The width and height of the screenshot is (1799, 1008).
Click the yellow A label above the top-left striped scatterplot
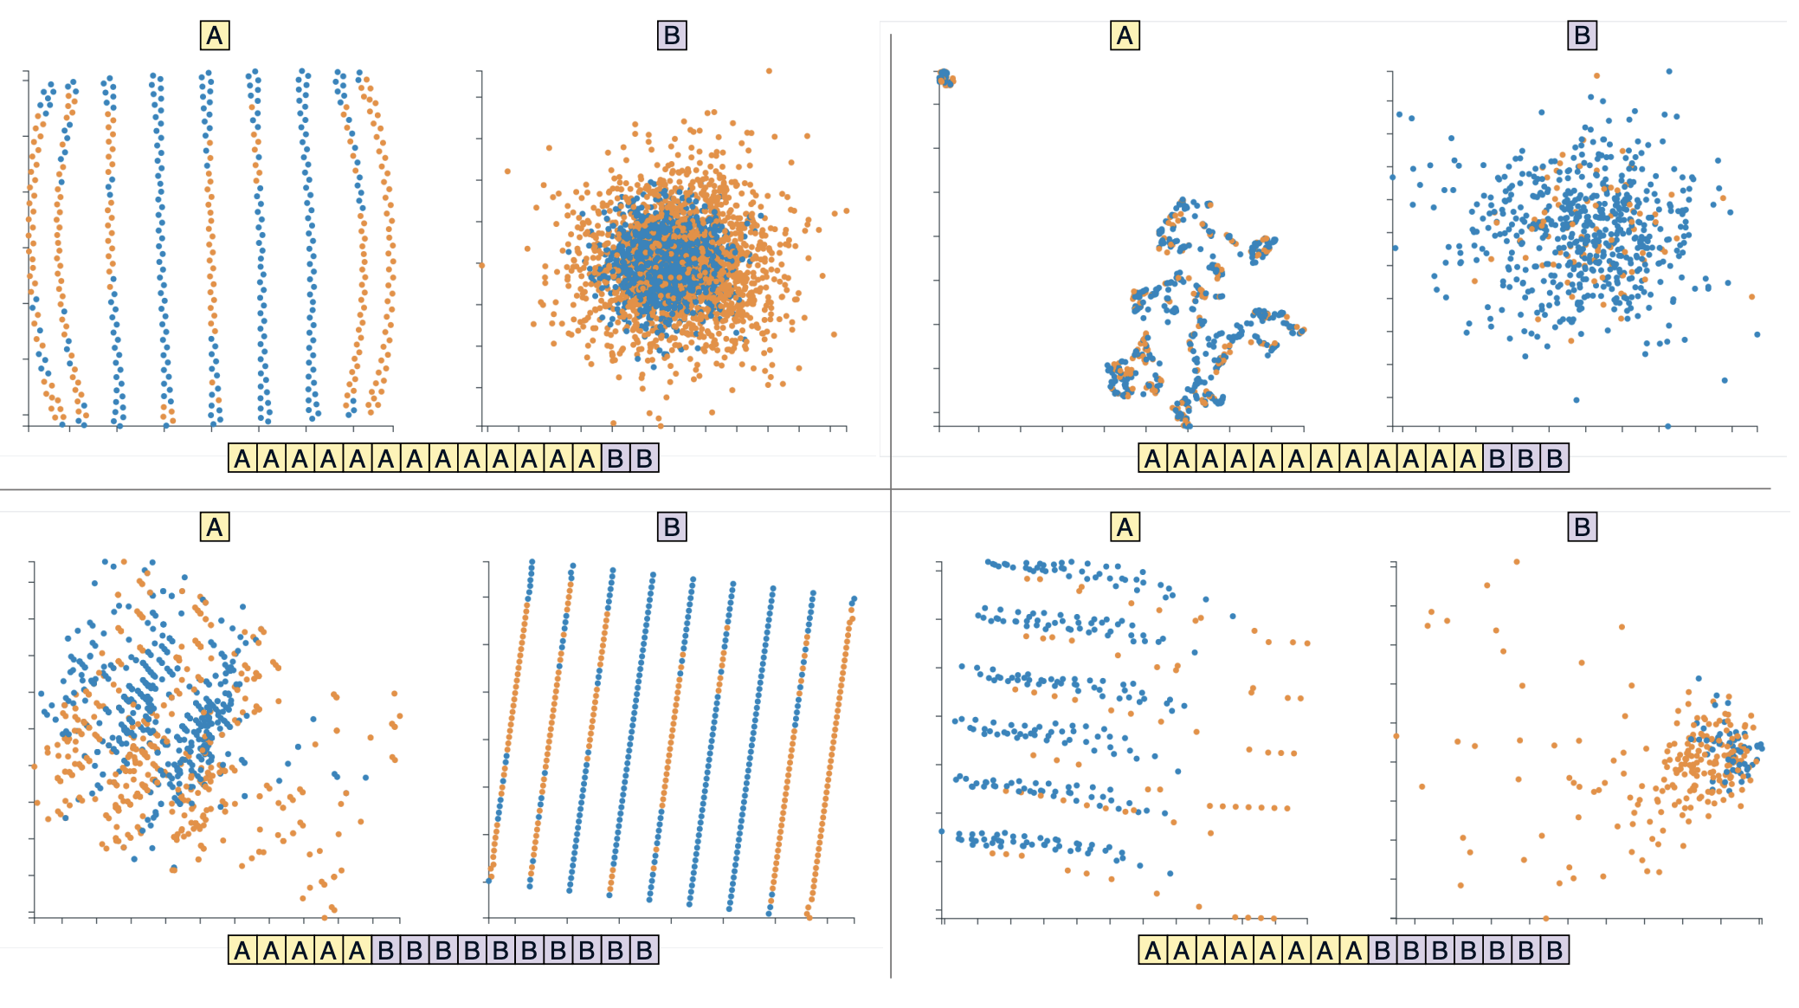(x=215, y=36)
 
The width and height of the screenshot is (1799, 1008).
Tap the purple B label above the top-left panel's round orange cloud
(x=672, y=36)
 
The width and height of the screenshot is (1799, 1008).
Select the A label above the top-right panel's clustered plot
(x=1125, y=36)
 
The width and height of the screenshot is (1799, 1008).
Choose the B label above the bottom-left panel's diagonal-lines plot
(x=672, y=527)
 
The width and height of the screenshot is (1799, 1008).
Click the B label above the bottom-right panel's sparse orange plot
(x=1582, y=527)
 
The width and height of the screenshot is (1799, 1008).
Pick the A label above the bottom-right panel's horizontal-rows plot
(x=1125, y=527)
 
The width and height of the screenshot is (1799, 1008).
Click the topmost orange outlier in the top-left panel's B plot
(x=769, y=71)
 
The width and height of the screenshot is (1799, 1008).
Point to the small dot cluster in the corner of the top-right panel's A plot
(x=945, y=78)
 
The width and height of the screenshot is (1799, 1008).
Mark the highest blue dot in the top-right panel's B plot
(x=1669, y=72)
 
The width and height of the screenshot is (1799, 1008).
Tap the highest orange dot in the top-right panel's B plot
(x=1596, y=76)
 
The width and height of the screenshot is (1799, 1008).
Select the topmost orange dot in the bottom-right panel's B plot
(x=1517, y=562)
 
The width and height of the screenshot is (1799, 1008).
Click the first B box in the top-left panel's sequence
(x=616, y=458)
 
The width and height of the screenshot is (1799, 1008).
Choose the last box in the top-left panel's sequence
(x=644, y=458)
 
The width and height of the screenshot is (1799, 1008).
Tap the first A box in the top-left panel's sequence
(x=242, y=458)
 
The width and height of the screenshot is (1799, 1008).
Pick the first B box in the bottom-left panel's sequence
(x=386, y=950)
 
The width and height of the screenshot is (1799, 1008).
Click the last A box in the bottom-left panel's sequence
(x=358, y=950)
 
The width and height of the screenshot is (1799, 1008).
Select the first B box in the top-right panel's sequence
(x=1497, y=458)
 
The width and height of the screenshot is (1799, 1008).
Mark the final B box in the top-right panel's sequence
(x=1554, y=458)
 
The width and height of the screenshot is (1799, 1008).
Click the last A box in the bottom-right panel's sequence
(x=1353, y=950)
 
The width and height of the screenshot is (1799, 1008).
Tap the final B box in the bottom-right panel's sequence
(x=1554, y=950)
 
